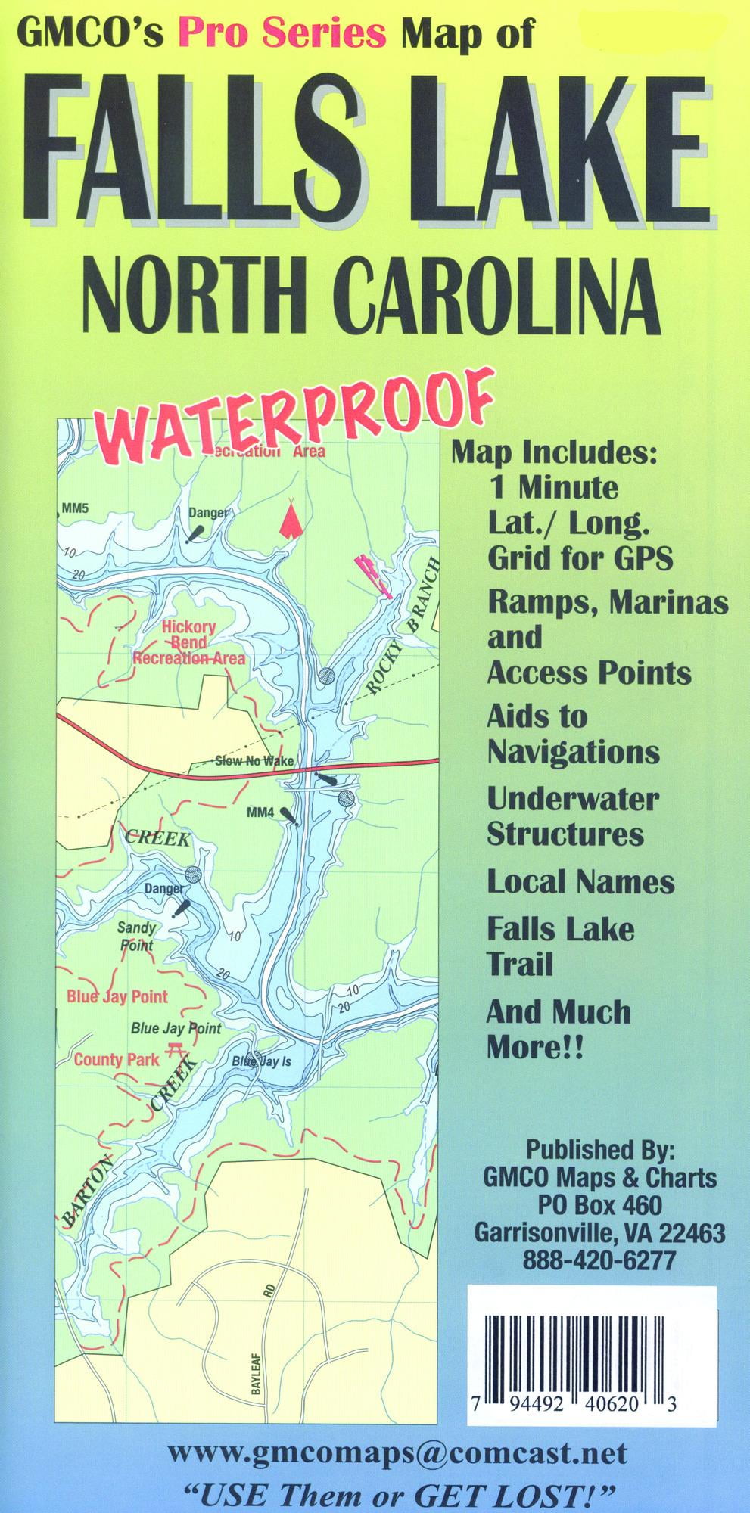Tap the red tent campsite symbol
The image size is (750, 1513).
[288, 520]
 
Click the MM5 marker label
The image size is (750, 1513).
[76, 508]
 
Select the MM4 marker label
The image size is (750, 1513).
[260, 813]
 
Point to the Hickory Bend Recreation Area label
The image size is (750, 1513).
[189, 643]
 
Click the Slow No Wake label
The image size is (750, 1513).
[254, 761]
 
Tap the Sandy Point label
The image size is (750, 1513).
[136, 936]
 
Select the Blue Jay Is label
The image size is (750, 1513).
[262, 1061]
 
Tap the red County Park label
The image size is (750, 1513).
[117, 1060]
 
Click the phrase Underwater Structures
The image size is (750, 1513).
[573, 816]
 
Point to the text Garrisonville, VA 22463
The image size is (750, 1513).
[599, 1233]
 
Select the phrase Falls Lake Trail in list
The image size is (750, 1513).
[560, 946]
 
